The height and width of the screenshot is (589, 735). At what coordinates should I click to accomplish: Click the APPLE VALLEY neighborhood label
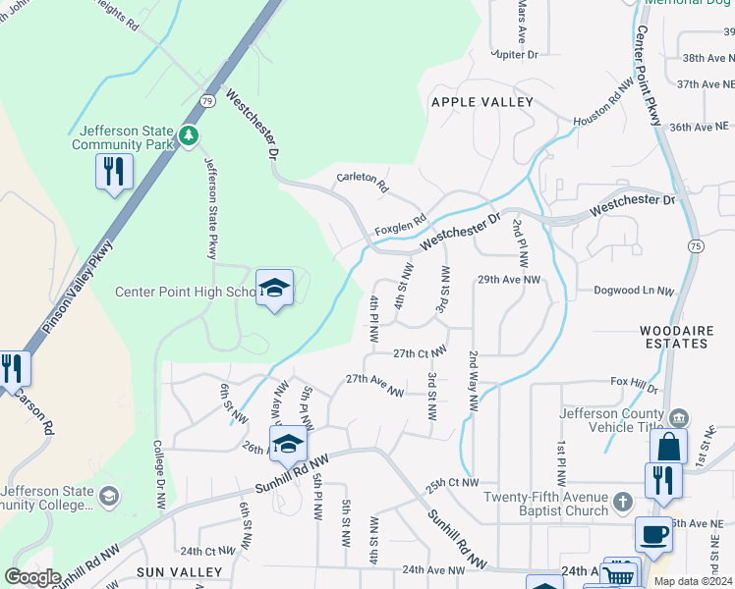click(481, 102)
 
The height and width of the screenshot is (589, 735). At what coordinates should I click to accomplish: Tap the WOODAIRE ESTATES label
click(673, 337)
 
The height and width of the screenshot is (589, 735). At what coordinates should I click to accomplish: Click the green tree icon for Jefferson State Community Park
click(187, 135)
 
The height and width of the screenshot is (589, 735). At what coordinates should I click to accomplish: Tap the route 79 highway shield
click(206, 101)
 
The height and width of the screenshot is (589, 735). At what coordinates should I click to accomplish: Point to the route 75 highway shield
click(696, 245)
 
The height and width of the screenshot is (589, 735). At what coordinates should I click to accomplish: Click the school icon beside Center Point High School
click(275, 288)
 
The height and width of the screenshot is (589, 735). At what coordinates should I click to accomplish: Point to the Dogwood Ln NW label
click(635, 292)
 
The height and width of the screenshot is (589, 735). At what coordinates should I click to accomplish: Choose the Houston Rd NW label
click(598, 107)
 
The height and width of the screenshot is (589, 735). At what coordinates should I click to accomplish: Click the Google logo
click(32, 577)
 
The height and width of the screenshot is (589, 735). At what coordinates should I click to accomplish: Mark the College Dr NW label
click(158, 472)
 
